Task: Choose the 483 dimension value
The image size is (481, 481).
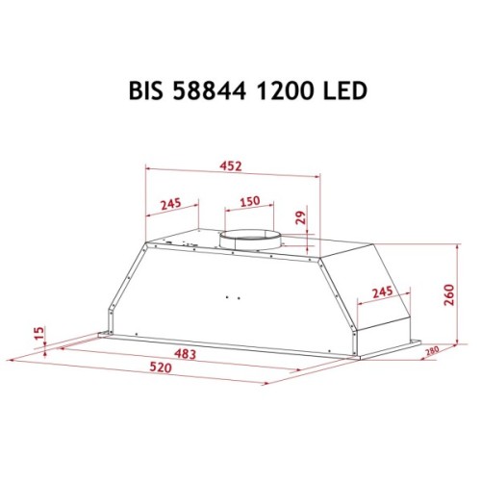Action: click(x=185, y=355)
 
